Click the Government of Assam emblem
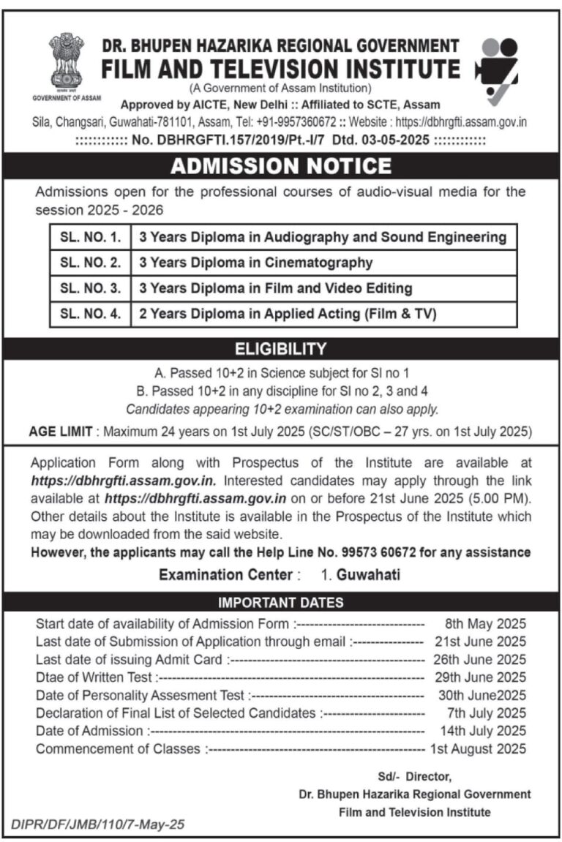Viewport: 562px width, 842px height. click(67, 61)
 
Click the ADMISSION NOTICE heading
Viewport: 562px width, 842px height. click(281, 167)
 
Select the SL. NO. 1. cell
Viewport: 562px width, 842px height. click(89, 237)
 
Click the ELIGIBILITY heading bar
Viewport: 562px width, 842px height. click(281, 348)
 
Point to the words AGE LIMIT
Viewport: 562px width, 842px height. click(60, 432)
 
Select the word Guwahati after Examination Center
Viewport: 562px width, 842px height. click(368, 575)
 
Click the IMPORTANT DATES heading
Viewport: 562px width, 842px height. click(281, 603)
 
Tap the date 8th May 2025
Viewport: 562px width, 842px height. click(485, 624)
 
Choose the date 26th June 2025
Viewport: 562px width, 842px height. click(485, 659)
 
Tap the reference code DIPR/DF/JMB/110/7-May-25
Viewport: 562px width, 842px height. click(97, 824)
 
